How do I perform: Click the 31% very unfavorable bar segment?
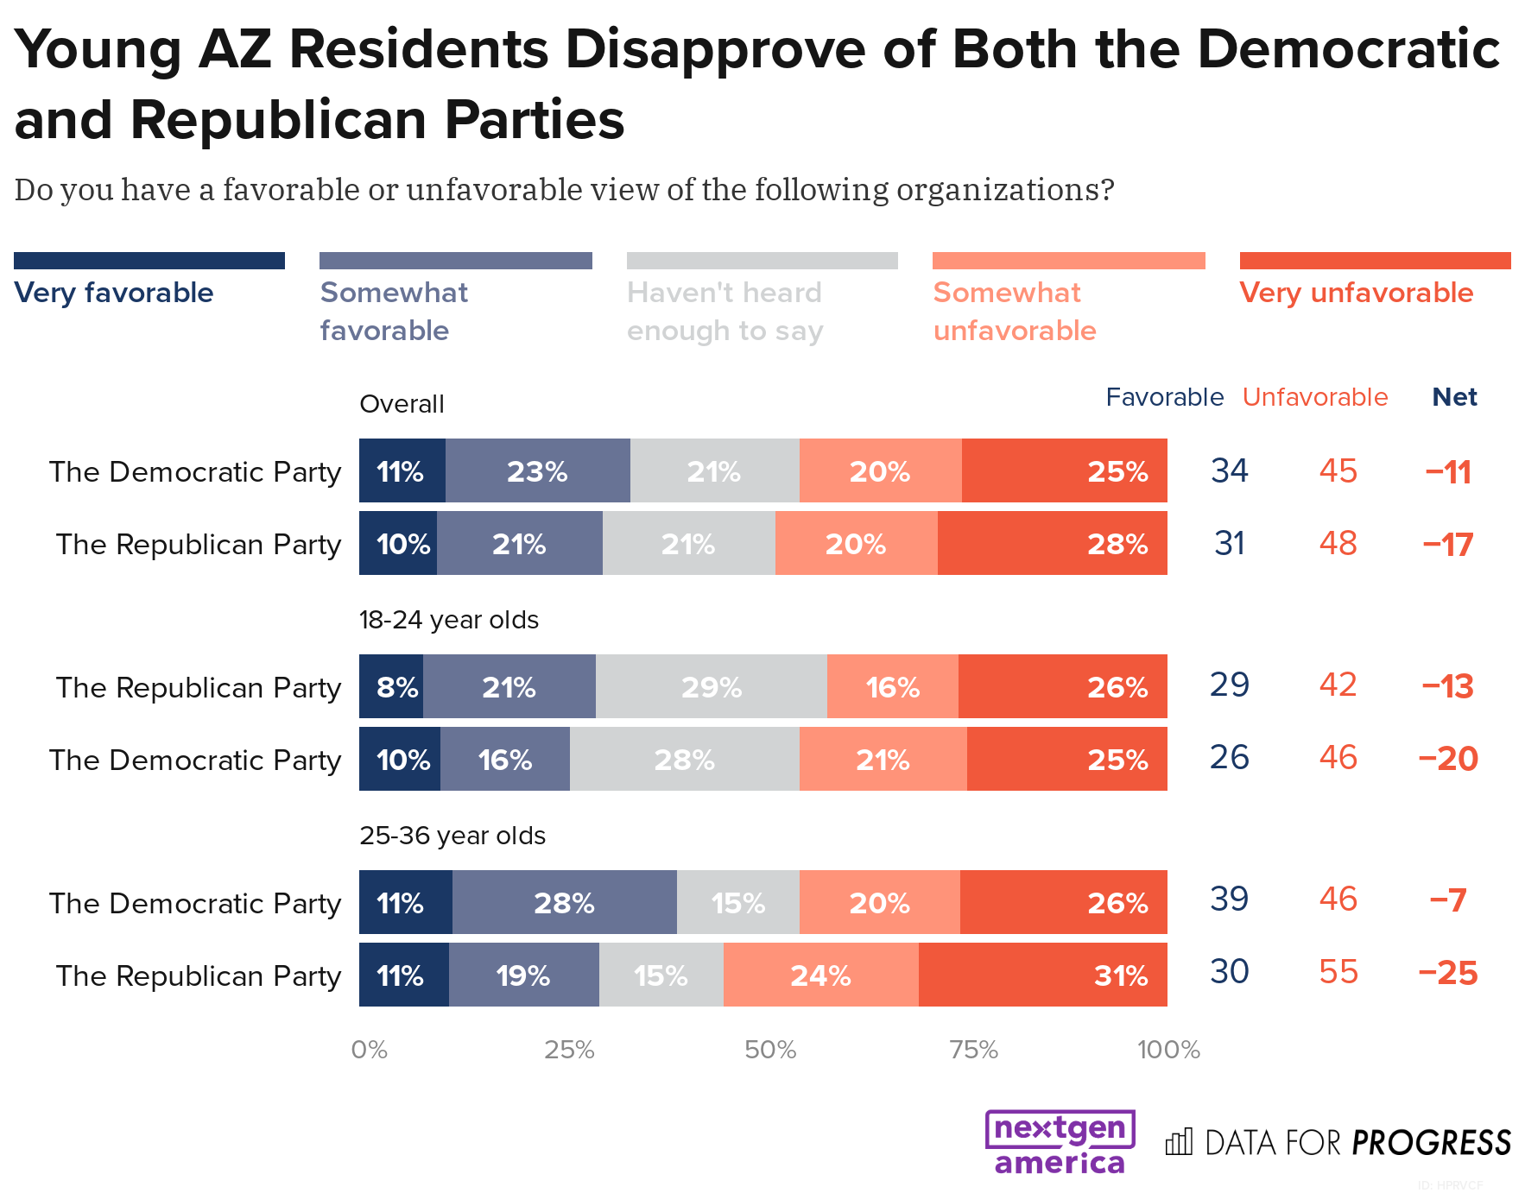click(1042, 975)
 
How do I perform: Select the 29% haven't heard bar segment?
click(711, 686)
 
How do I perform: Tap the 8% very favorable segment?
click(391, 686)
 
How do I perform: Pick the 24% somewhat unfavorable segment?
click(820, 975)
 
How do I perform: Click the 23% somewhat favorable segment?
click(537, 470)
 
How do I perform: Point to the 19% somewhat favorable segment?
click(523, 975)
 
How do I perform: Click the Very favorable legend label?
click(114, 293)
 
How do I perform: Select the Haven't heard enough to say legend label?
click(725, 312)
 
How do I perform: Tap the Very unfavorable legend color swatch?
click(1375, 261)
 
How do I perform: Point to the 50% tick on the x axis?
click(770, 1050)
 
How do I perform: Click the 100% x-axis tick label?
click(1168, 1050)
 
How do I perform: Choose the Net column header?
click(1454, 397)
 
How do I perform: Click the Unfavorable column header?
click(1314, 397)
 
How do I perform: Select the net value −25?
click(1448, 973)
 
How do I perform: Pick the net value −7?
click(1448, 900)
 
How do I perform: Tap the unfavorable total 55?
click(1338, 972)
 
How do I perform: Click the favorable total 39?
click(1229, 899)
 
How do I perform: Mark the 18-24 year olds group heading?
click(448, 620)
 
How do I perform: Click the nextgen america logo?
click(1060, 1143)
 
